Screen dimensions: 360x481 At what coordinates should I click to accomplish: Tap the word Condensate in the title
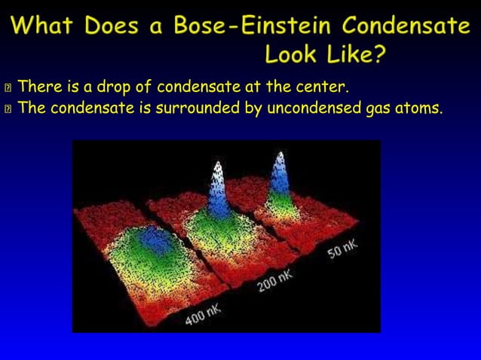click(x=406, y=27)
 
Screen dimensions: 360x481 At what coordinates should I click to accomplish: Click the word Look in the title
click(x=296, y=54)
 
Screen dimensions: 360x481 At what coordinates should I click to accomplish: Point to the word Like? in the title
click(x=356, y=54)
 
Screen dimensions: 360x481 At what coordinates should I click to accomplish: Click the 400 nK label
click(x=203, y=313)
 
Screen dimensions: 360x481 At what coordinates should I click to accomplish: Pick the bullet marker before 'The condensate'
click(x=8, y=109)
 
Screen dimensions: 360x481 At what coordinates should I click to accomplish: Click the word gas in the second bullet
click(x=375, y=109)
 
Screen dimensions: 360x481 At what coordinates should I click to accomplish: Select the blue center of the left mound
click(x=157, y=239)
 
